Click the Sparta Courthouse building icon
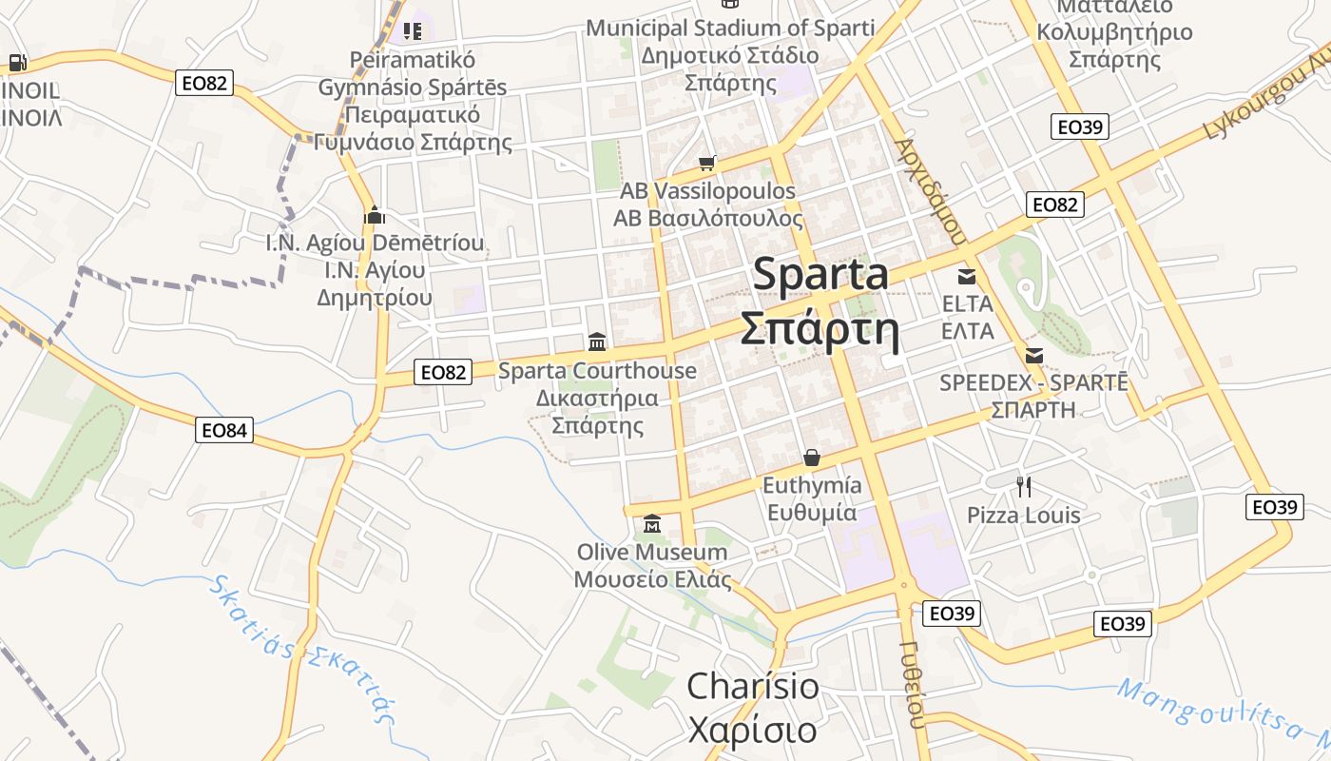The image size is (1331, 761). click(597, 341)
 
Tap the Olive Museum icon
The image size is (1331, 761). click(652, 524)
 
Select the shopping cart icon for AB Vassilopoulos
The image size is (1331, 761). click(706, 164)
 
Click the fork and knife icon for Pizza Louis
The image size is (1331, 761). click(1024, 487)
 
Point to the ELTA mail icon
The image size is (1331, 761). click(967, 277)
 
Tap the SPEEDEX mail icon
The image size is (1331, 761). click(1034, 356)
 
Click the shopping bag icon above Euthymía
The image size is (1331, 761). click(811, 458)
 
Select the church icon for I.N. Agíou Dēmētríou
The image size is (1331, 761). click(375, 215)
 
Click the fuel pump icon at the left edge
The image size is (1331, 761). click(17, 64)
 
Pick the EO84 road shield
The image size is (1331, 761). click(225, 430)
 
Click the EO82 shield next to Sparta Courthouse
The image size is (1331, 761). click(444, 372)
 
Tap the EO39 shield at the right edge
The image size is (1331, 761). click(1274, 507)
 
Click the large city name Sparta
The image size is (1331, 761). click(820, 275)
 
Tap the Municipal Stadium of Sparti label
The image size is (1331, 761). click(729, 28)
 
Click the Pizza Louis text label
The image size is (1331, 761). click(1023, 516)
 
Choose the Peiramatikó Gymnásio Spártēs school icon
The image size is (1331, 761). click(412, 31)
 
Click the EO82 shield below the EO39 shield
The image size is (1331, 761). click(1055, 205)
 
